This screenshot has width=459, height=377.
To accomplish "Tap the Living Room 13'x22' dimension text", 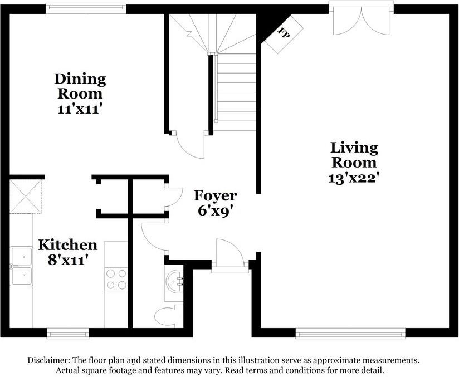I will (x=354, y=178).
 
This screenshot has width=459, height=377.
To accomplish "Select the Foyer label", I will (x=215, y=196).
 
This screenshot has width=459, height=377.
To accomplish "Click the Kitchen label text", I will (x=67, y=245).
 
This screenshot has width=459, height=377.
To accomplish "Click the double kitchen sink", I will (x=22, y=266).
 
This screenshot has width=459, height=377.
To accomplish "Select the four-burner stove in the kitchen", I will (x=116, y=279).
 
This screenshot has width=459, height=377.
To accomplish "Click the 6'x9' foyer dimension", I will (x=215, y=211).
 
